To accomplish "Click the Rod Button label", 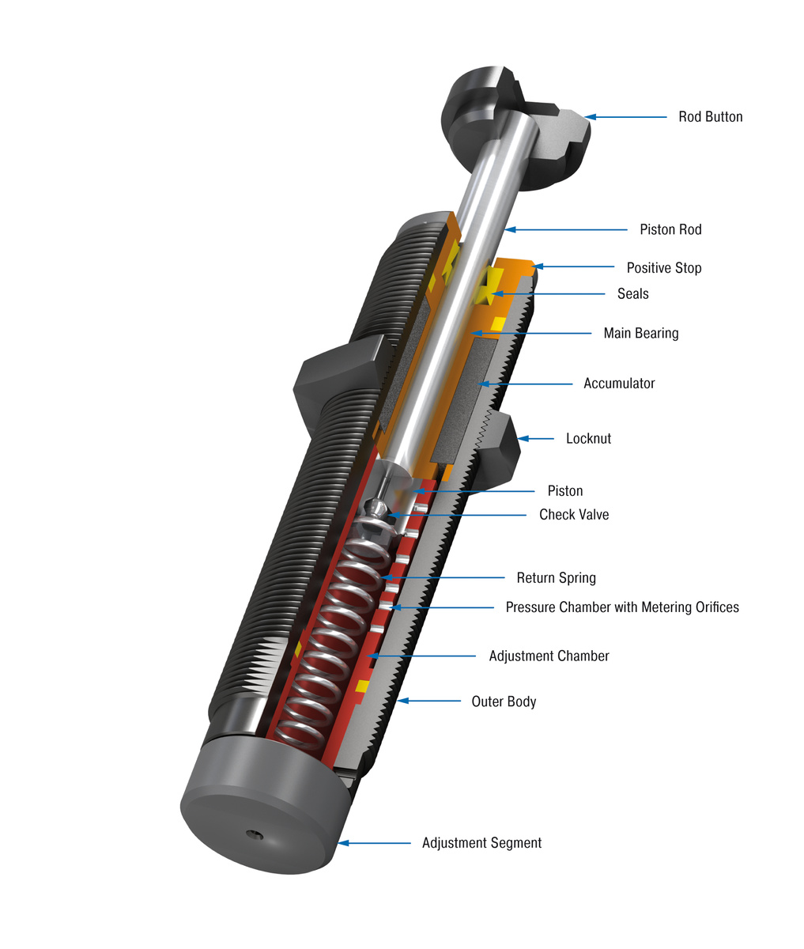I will pyautogui.click(x=710, y=117).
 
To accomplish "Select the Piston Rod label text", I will pyautogui.click(x=670, y=230).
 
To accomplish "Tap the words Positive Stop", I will pyautogui.click(x=663, y=268).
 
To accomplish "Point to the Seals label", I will pyautogui.click(x=632, y=294).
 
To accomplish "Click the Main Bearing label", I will pyautogui.click(x=640, y=334).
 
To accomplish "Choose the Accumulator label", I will pyautogui.click(x=619, y=384).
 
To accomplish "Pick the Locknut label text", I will pyautogui.click(x=588, y=439).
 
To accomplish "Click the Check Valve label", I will pyautogui.click(x=574, y=515).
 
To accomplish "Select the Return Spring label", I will pyautogui.click(x=556, y=578).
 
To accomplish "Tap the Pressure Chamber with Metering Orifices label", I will pyautogui.click(x=622, y=608).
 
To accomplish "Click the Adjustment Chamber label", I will pyautogui.click(x=549, y=656).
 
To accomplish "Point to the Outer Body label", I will pyautogui.click(x=504, y=701).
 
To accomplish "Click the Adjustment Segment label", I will pyautogui.click(x=481, y=843).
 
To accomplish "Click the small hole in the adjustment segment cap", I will pyautogui.click(x=252, y=835).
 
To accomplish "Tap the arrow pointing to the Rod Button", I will pyautogui.click(x=625, y=117).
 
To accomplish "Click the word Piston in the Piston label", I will pyautogui.click(x=564, y=491).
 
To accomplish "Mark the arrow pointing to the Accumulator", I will pyautogui.click(x=525, y=384).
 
